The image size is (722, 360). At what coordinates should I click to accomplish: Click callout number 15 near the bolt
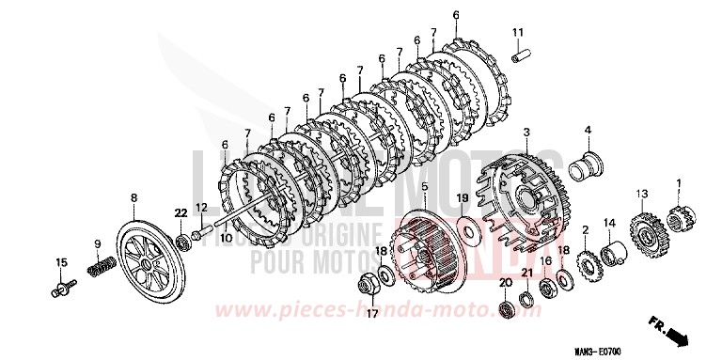(x=61, y=261)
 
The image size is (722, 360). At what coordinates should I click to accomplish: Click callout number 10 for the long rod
(x=226, y=239)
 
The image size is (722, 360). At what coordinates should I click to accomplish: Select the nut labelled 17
(x=369, y=282)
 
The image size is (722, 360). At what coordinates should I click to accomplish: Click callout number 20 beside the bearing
(x=505, y=282)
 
